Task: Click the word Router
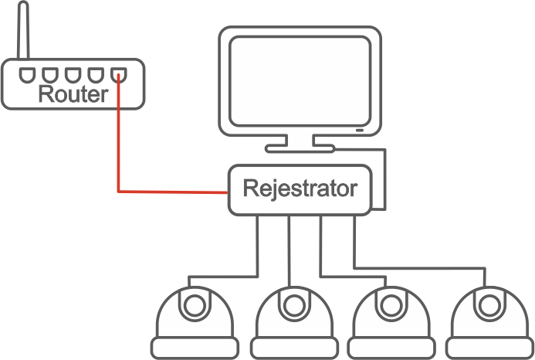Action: tap(73, 95)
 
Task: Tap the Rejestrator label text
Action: tap(300, 188)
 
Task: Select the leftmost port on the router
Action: tap(28, 75)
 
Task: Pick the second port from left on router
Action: tap(50, 75)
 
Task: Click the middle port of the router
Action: tap(73, 75)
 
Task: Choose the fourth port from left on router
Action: tap(95, 75)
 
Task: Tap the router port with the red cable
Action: tap(117, 75)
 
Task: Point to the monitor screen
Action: tap(301, 77)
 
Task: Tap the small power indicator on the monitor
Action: tap(361, 130)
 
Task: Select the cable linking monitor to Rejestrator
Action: tap(384, 178)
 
